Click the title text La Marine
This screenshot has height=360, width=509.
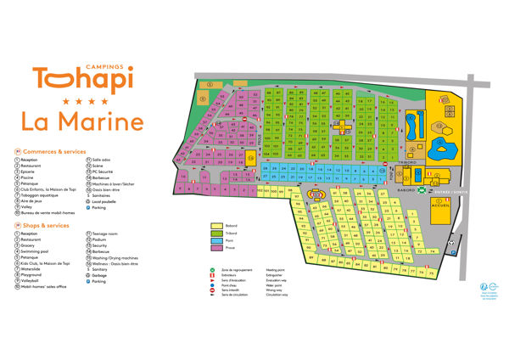(87, 121)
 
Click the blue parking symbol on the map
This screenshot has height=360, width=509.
(452, 253)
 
